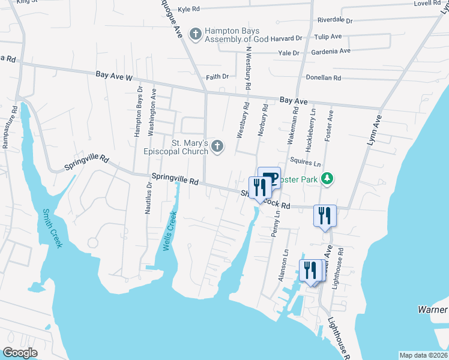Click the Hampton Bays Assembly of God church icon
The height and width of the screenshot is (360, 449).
tap(195, 34)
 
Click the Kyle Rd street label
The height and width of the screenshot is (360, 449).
tap(188, 9)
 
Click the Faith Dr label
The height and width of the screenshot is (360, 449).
tap(217, 77)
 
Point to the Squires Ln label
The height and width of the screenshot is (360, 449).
tap(305, 163)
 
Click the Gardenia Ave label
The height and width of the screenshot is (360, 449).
tap(331, 51)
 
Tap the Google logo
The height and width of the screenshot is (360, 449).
tap(20, 353)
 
